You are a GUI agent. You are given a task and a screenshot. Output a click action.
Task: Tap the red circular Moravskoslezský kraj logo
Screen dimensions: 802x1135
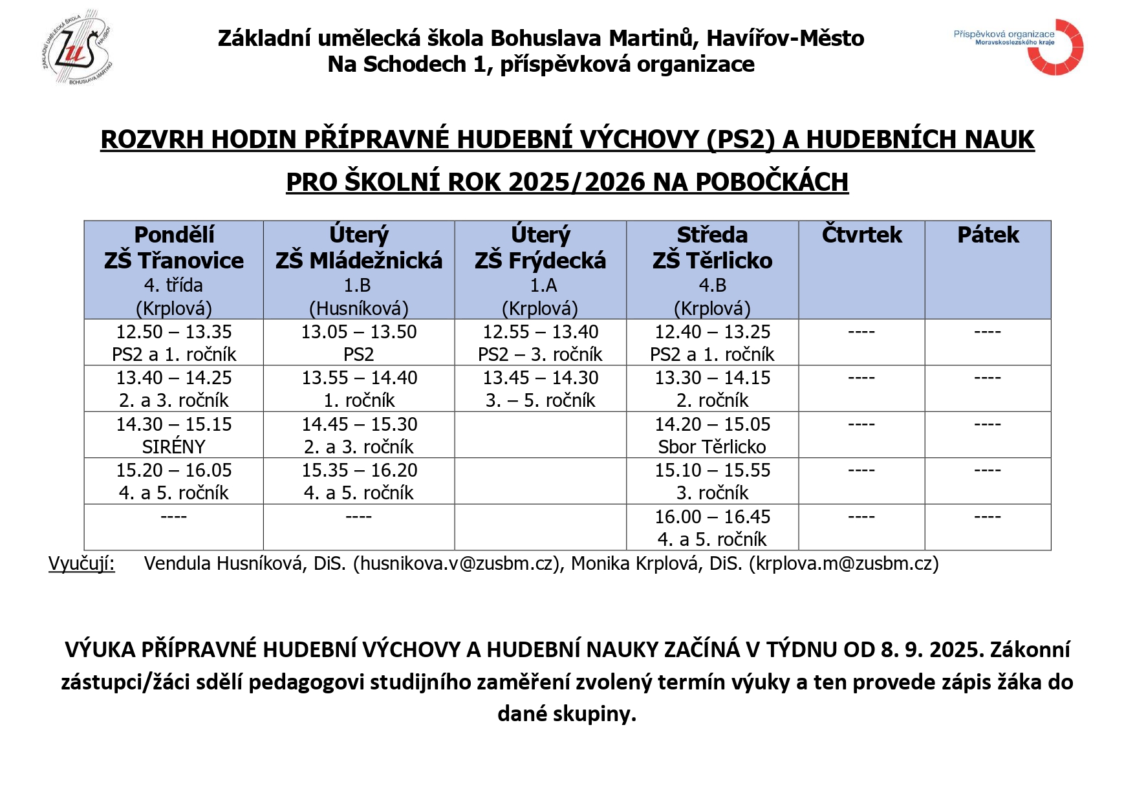coord(1056,47)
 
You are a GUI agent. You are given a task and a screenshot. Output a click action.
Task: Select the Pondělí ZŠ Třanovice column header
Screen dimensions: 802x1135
coord(173,269)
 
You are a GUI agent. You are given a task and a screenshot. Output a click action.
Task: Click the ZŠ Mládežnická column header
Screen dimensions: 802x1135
coord(358,269)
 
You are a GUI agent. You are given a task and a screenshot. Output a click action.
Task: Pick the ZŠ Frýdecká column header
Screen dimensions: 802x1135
coord(540,269)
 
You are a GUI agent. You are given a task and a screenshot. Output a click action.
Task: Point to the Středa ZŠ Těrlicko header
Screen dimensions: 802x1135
coord(712,269)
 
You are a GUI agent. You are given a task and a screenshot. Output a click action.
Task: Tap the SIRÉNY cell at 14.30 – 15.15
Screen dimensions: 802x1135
coord(173,435)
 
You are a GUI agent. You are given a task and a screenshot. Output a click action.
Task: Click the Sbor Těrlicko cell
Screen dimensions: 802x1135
coord(712,435)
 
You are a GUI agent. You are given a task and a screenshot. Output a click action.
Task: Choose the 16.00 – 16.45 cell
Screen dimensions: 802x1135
coord(712,527)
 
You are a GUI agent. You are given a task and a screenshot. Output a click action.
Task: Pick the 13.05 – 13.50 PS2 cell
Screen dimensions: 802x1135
coord(358,343)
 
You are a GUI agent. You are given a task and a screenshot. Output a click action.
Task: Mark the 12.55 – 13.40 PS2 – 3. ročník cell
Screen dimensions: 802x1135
coord(540,343)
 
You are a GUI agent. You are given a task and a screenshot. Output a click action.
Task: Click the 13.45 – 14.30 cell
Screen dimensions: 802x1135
coord(540,389)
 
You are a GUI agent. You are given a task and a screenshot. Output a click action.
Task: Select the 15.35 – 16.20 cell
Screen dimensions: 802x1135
coord(358,481)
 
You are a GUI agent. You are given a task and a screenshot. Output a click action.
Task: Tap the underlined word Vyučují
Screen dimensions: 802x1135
coord(81,564)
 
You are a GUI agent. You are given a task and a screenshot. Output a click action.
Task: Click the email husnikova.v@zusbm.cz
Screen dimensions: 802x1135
coord(457,564)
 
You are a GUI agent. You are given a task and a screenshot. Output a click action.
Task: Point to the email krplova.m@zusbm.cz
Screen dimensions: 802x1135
coord(843,564)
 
